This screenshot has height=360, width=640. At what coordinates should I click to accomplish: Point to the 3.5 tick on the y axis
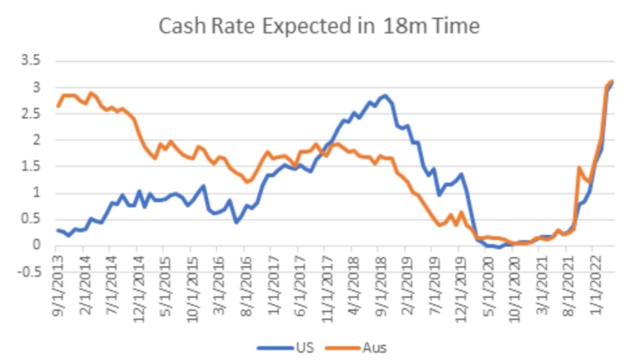[30, 61]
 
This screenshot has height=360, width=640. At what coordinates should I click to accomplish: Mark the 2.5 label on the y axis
[30, 114]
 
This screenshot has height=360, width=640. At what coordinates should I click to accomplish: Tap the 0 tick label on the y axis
[36, 245]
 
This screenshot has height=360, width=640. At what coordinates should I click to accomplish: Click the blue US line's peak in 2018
[384, 95]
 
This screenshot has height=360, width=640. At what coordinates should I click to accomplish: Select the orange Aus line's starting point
[58, 106]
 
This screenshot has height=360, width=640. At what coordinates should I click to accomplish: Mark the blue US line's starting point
[58, 230]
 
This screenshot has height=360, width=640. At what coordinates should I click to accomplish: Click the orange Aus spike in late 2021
[578, 167]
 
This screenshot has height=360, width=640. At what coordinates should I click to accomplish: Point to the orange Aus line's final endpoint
[612, 81]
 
